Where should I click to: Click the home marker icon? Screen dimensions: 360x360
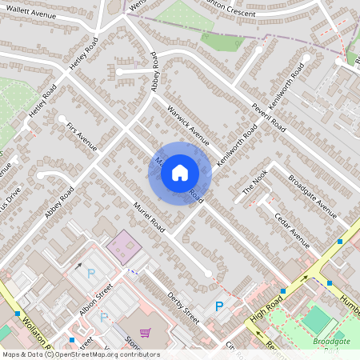coord(180,173)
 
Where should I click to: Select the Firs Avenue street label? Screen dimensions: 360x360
coord(82,135)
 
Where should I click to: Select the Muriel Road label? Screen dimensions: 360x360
coord(149,217)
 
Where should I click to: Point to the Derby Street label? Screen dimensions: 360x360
coord(183,306)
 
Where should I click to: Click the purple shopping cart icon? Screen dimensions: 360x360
coord(145,333)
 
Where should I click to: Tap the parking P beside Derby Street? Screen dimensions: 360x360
coord(219,306)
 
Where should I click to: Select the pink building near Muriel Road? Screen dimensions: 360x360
coord(122,246)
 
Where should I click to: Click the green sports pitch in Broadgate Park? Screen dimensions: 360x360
coord(317,319)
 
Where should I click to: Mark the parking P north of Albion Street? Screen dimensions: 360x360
coord(90,274)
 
